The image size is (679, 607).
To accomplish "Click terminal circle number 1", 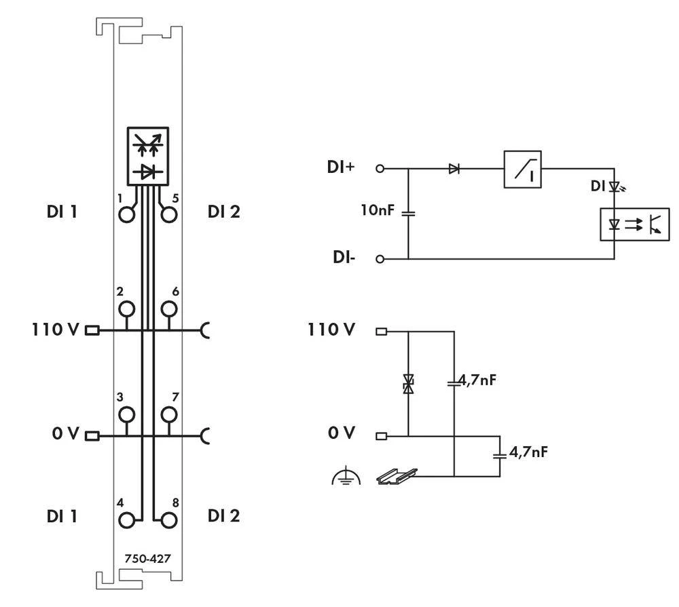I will [126, 214].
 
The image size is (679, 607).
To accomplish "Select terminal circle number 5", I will [168, 214].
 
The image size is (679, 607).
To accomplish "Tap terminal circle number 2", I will [126, 310].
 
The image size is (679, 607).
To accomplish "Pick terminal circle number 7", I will [168, 414].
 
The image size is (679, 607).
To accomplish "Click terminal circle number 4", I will [126, 520].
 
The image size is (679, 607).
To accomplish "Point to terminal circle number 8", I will [168, 520].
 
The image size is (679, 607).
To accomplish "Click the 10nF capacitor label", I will [377, 211].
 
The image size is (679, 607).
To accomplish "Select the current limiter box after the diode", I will [522, 169].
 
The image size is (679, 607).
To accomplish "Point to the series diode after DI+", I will [454, 169].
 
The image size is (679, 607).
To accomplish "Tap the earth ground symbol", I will [346, 478].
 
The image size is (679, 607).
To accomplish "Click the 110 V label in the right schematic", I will [331, 330].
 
